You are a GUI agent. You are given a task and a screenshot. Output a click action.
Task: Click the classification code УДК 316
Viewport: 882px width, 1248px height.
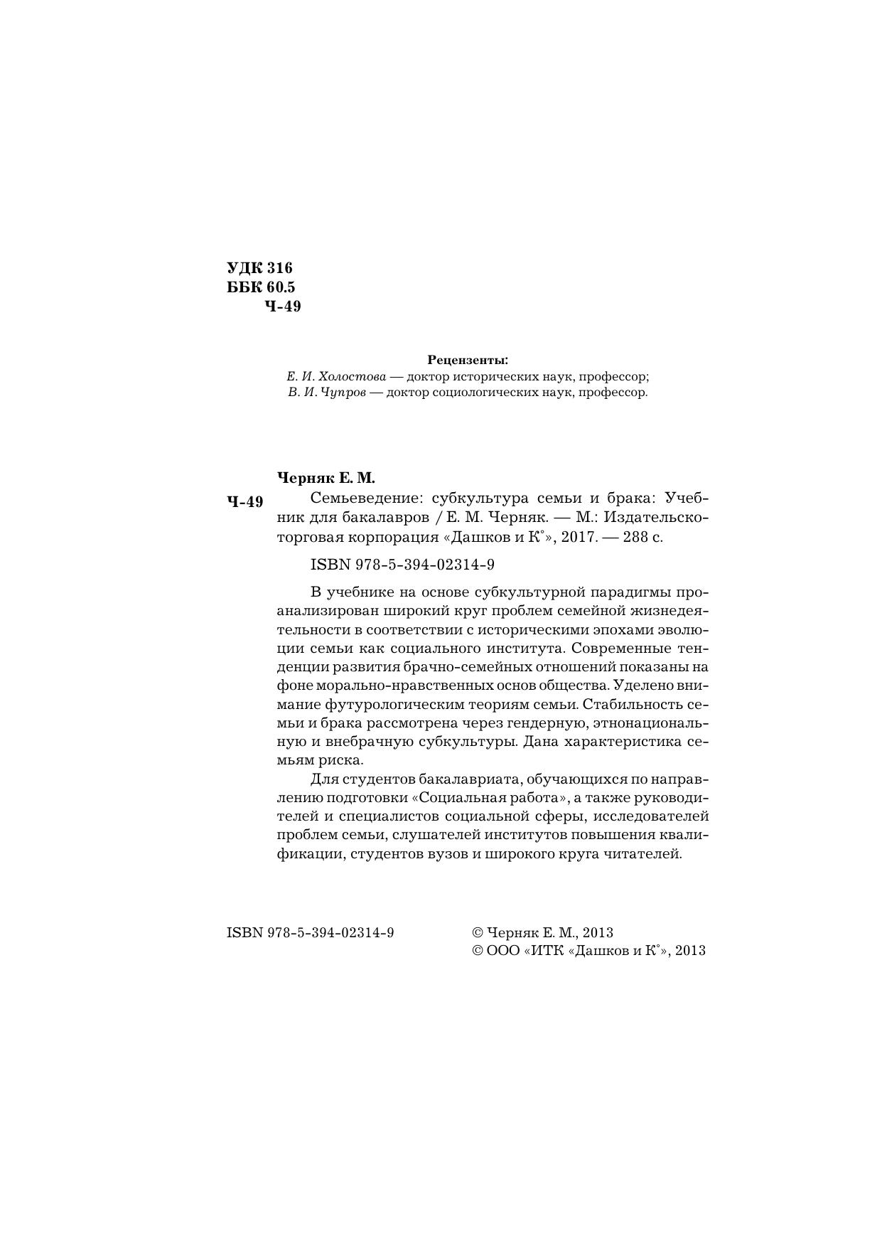click(x=259, y=268)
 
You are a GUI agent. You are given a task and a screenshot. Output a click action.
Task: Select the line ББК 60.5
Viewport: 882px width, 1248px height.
click(x=260, y=287)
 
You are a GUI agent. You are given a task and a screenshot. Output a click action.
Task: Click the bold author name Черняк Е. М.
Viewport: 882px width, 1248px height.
click(x=325, y=478)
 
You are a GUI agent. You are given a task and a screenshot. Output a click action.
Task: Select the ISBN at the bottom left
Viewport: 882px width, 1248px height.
click(x=310, y=932)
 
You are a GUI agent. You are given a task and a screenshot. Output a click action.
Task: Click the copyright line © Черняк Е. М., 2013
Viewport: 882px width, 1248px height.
click(x=542, y=932)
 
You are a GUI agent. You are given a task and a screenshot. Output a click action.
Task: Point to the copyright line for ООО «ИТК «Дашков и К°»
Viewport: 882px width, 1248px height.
click(x=588, y=951)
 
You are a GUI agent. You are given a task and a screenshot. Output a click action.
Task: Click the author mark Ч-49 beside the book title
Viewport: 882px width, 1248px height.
click(x=245, y=502)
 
